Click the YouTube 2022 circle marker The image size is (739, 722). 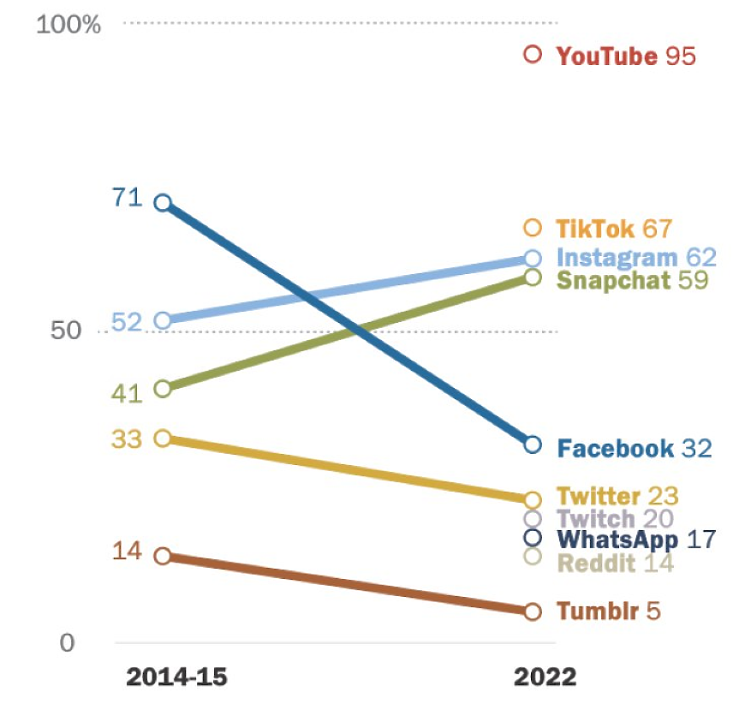click(x=533, y=55)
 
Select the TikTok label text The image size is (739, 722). click(x=595, y=229)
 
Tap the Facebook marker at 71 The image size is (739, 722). click(x=163, y=203)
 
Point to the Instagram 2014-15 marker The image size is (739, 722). click(x=163, y=321)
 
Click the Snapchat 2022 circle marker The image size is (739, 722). click(x=533, y=277)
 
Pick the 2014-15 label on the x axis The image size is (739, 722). click(x=177, y=677)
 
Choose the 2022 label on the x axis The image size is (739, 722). click(x=545, y=677)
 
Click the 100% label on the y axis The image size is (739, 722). click(x=69, y=24)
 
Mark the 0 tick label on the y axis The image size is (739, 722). click(x=68, y=642)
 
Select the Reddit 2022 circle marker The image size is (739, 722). click(x=533, y=557)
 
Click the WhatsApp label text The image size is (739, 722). click(x=617, y=540)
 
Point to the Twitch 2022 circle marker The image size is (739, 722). click(x=533, y=518)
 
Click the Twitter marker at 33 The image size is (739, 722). click(x=163, y=439)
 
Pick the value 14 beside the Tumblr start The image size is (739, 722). click(x=127, y=551)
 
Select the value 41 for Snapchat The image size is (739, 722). click(x=127, y=393)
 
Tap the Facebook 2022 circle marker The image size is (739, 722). click(x=533, y=445)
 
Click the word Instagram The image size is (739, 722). click(x=617, y=258)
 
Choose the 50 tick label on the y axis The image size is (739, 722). click(x=67, y=331)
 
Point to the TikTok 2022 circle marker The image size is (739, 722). click(x=533, y=227)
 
